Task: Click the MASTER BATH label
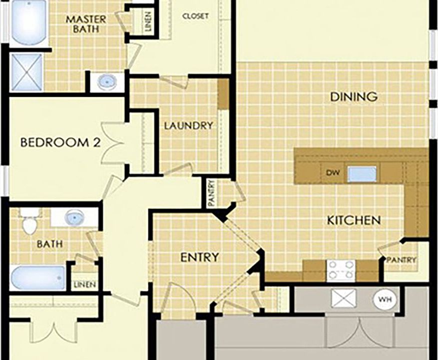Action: (x=86, y=24)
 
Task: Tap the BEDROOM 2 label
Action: (x=61, y=142)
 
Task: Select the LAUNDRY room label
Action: (x=188, y=125)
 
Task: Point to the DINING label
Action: (x=354, y=97)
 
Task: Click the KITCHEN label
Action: (x=353, y=220)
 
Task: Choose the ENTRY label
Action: (x=199, y=257)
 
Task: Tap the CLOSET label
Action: (x=196, y=16)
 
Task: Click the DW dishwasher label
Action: (x=333, y=173)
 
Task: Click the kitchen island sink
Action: (x=362, y=174)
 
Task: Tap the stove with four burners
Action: (x=340, y=270)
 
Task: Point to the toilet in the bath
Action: (x=30, y=222)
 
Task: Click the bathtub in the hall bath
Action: (x=38, y=278)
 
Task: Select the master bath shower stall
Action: (x=27, y=72)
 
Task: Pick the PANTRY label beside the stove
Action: (x=401, y=260)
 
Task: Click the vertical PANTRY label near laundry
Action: (x=211, y=193)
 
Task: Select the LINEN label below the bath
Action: (x=85, y=284)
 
